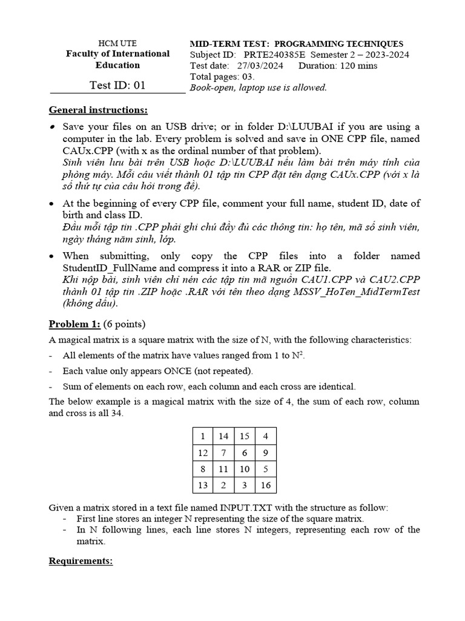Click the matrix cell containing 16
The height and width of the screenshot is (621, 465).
[266, 485]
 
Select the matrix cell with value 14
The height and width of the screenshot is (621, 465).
[223, 436]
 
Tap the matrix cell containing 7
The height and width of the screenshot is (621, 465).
[223, 452]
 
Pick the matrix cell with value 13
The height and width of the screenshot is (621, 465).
[202, 485]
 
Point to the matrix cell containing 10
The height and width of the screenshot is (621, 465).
[245, 469]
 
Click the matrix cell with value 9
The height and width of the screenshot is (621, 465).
[266, 452]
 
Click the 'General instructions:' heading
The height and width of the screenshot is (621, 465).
[98, 110]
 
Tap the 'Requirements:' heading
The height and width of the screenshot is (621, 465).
[81, 561]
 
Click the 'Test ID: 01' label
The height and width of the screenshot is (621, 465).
[117, 85]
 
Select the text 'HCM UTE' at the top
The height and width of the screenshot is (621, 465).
[117, 43]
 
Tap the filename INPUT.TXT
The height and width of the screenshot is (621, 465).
[248, 507]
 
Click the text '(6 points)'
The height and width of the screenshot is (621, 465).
[125, 323]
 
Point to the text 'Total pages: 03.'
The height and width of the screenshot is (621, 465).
[222, 76]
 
